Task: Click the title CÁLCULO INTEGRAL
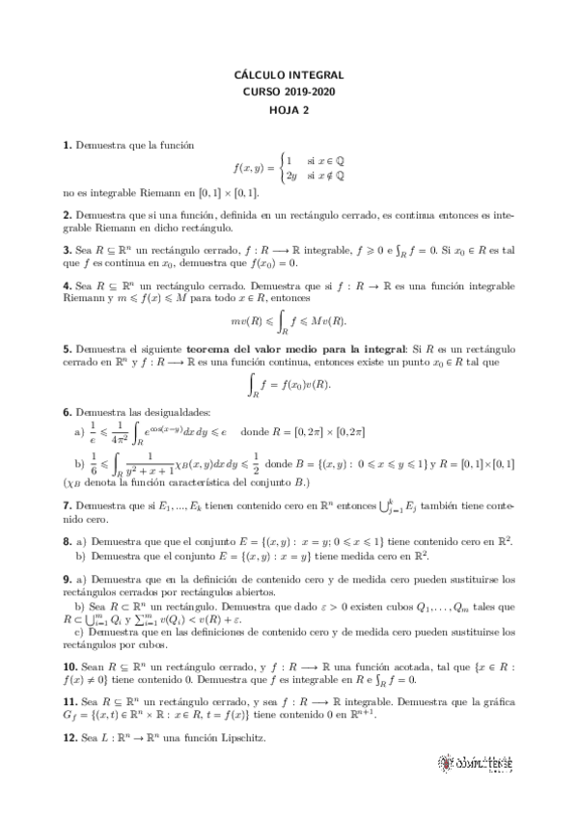click(289, 74)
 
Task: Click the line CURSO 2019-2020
click(289, 92)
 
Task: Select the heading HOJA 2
click(289, 110)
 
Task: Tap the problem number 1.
click(67, 145)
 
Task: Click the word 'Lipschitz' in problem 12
click(247, 738)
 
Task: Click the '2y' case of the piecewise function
click(290, 176)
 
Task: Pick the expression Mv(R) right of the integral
click(329, 320)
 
